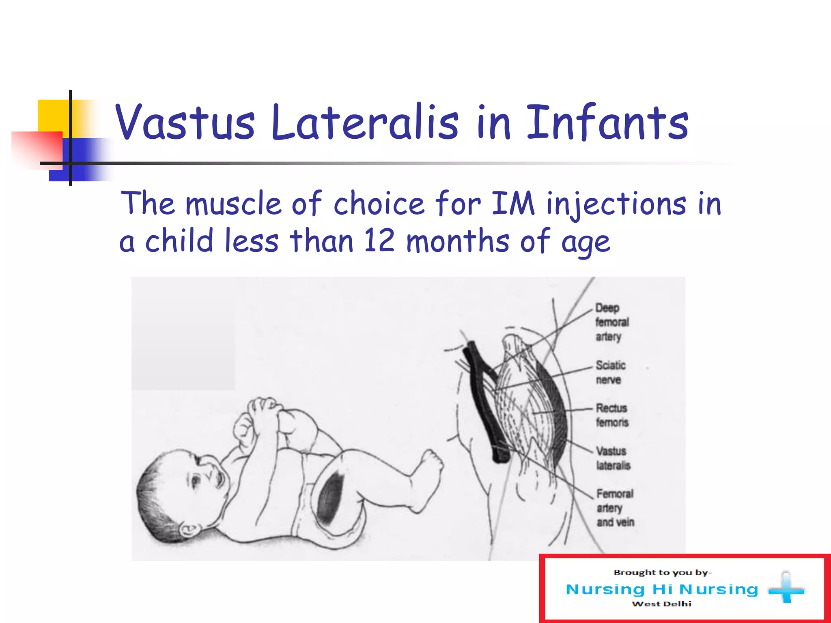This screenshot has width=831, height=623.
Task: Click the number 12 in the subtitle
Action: click(x=379, y=241)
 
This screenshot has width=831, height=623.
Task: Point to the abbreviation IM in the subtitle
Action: click(x=513, y=203)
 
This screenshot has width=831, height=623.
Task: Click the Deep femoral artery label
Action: click(x=611, y=322)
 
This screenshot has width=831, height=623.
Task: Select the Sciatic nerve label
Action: click(x=610, y=372)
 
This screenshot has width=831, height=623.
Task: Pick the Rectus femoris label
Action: click(x=612, y=415)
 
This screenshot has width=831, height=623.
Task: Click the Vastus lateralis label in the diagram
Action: click(x=613, y=458)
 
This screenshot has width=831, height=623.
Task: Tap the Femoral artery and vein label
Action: click(x=615, y=508)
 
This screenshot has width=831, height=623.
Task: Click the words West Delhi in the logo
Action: click(x=661, y=604)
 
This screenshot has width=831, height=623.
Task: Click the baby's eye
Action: click(x=196, y=481)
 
